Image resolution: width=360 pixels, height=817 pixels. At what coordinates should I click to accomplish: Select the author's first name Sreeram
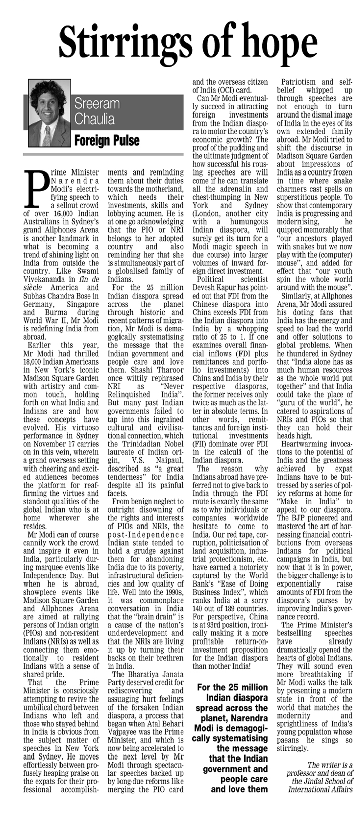pos(97,104)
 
